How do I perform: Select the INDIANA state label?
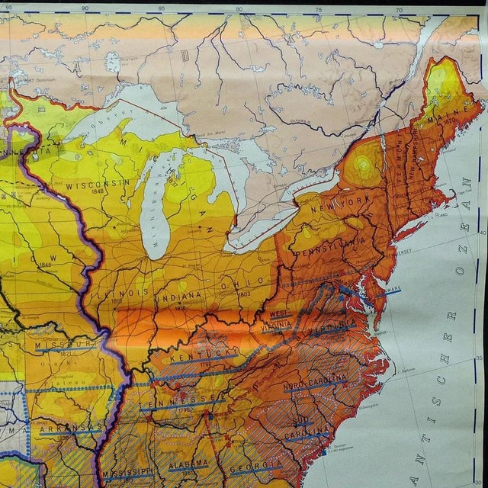[x=181, y=296]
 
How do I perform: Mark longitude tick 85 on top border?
[x=161, y=8]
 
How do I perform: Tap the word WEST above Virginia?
[x=280, y=313]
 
